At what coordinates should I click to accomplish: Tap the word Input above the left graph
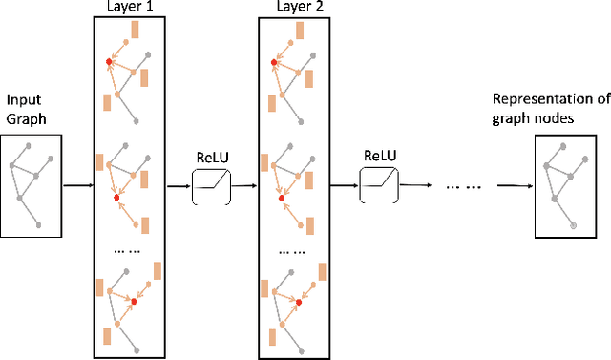tap(21, 99)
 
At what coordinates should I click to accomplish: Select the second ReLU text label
tap(381, 156)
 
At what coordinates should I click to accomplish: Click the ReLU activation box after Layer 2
tap(379, 183)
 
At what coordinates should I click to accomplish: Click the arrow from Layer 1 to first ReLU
tap(179, 186)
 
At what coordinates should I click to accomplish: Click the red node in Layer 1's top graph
tap(111, 62)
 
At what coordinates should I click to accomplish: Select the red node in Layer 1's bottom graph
tap(135, 301)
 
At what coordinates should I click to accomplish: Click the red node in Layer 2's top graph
tap(274, 62)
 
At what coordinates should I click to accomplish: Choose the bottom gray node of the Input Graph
tap(39, 224)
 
